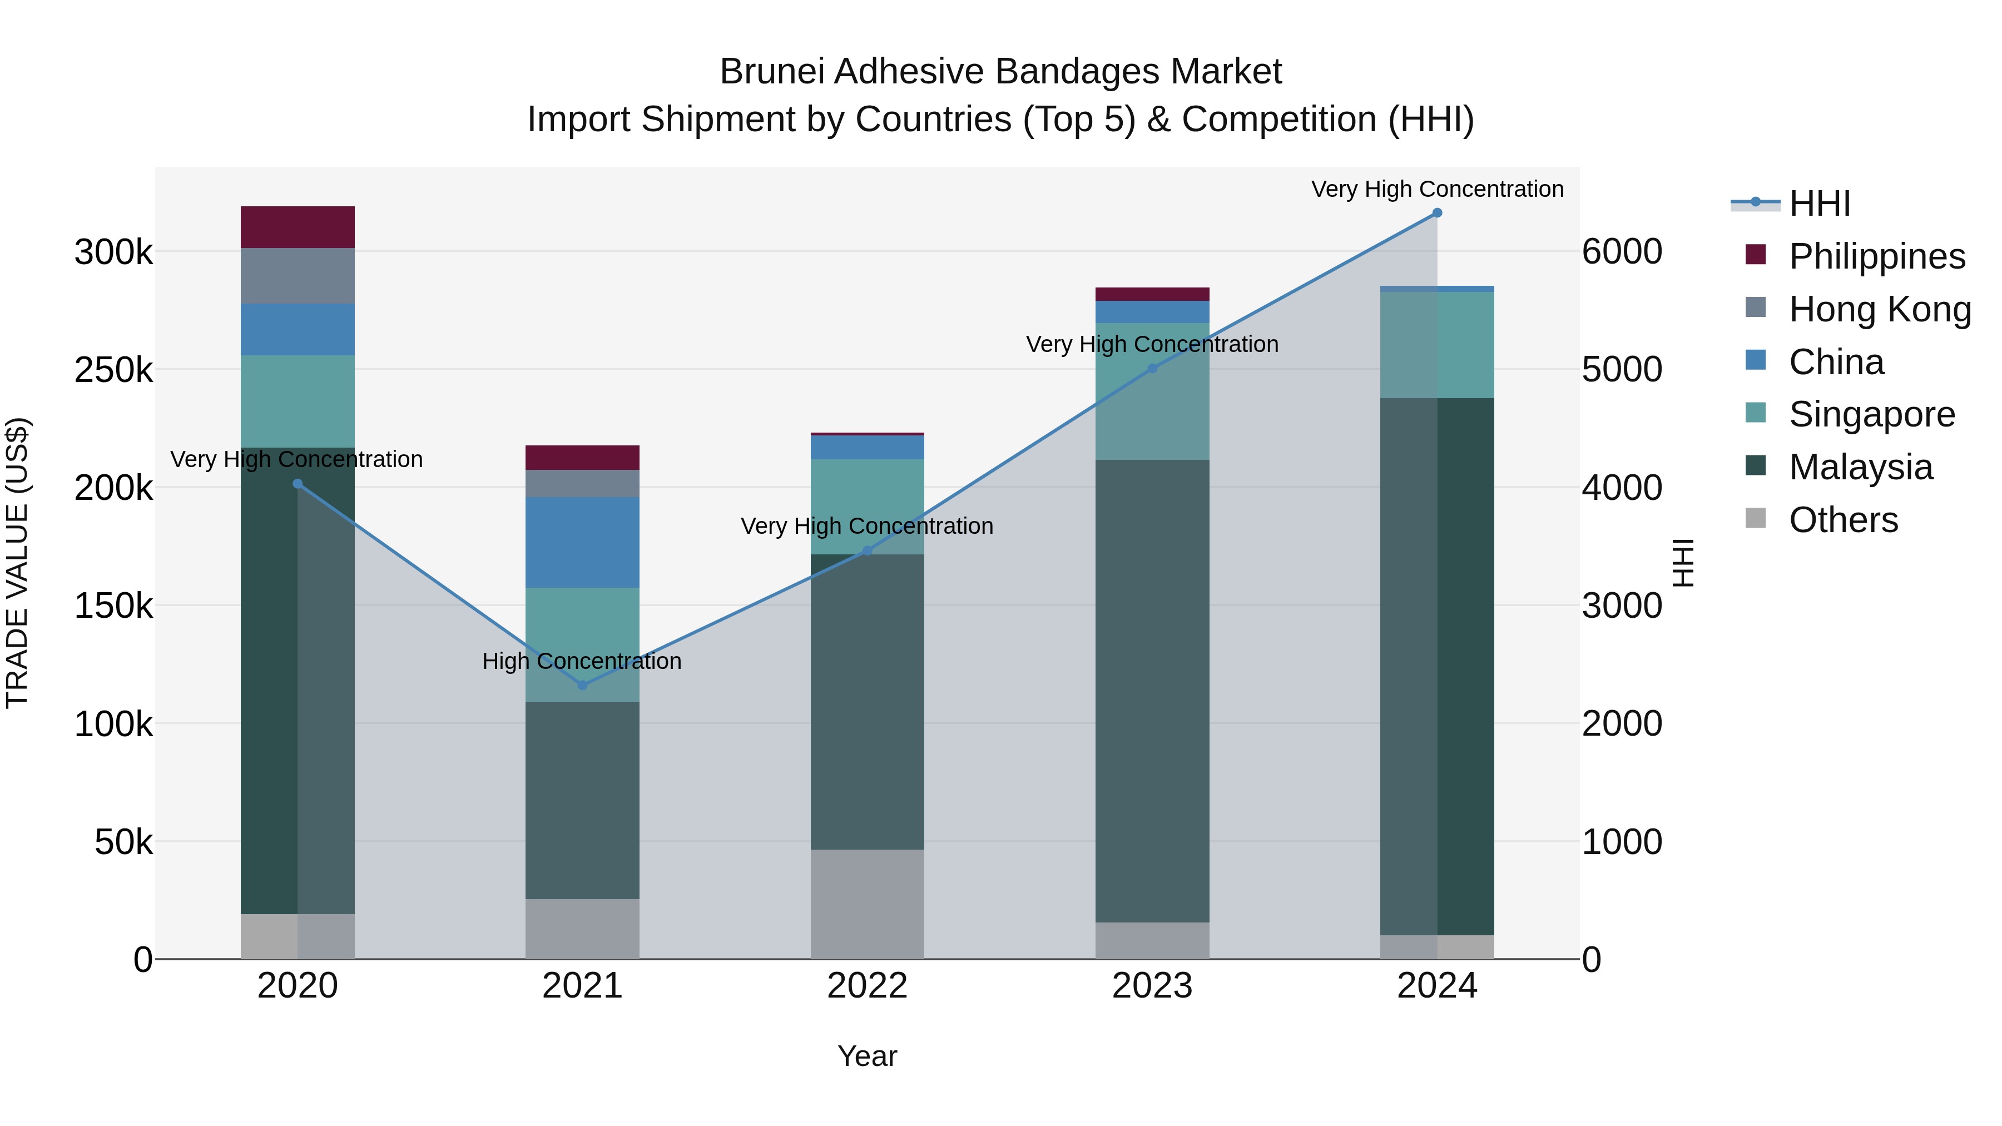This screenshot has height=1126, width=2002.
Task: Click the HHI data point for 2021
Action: [x=582, y=684]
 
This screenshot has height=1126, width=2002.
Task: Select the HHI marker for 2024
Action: [x=1437, y=213]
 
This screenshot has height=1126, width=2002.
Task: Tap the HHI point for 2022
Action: [x=868, y=550]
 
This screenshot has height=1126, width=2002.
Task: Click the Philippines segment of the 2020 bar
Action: [x=298, y=227]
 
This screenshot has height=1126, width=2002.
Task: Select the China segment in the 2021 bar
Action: [x=582, y=542]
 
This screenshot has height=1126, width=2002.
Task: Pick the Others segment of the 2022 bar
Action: [x=868, y=903]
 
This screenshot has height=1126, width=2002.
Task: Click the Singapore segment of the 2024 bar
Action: [x=1437, y=345]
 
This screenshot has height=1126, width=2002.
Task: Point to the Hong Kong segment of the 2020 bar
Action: [x=298, y=276]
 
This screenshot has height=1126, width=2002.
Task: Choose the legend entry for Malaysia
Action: [x=1860, y=467]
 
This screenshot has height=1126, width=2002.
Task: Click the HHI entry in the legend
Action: [x=1818, y=204]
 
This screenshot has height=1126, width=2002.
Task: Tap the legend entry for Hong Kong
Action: [x=1879, y=309]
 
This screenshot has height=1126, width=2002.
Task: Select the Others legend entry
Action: [x=1843, y=519]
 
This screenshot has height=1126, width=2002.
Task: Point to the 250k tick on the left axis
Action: [x=113, y=370]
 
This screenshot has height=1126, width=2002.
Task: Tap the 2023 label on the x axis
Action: [x=1152, y=985]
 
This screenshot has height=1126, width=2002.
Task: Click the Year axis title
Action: [x=868, y=1056]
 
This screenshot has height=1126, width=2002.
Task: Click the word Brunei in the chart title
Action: [x=771, y=72]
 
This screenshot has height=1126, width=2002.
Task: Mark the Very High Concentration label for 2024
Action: [x=1437, y=189]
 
